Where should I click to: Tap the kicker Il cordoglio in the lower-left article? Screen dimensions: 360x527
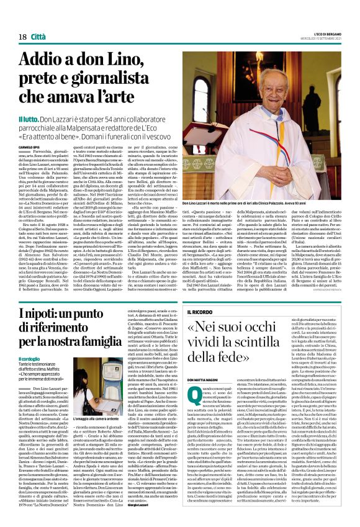click(x=29, y=359)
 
